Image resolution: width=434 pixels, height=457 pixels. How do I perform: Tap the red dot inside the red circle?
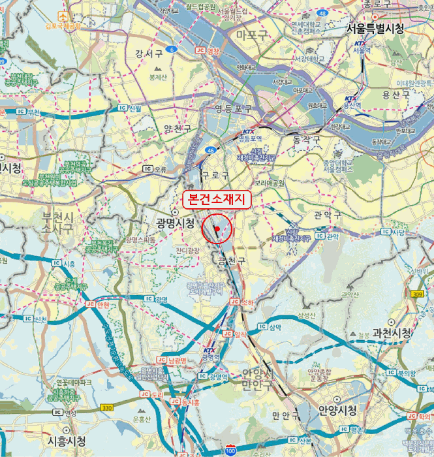[x=217, y=229]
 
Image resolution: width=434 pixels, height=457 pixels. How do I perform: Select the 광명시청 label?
[x=174, y=223]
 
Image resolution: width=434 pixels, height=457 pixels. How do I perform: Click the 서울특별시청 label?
[x=375, y=29]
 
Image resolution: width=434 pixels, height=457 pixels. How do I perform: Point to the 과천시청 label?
[x=392, y=333]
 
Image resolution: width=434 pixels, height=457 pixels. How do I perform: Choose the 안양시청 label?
[x=337, y=410]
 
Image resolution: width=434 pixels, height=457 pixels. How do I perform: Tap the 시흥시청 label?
[x=67, y=441]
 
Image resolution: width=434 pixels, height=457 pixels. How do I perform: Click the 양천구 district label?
[x=178, y=129]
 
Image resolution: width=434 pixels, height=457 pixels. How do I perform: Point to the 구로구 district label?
[x=215, y=176]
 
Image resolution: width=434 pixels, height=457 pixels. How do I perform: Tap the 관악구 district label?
[x=328, y=215]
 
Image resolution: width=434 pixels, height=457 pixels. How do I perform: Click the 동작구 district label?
[x=307, y=140]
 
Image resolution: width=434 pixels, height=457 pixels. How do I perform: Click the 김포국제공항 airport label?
[x=63, y=26]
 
